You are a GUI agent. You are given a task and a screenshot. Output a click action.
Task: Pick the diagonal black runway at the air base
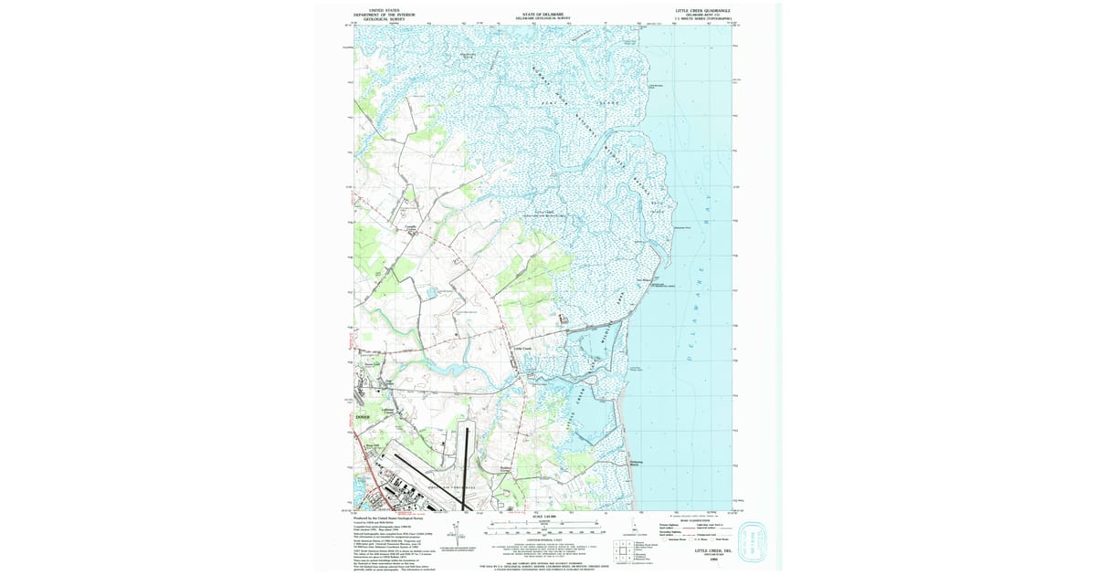tap(429, 465)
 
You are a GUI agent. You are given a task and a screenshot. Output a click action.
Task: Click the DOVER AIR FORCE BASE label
tap(452, 488)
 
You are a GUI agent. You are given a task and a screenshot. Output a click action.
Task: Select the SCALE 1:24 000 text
tap(545, 517)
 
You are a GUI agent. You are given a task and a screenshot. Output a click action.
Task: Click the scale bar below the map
tap(545, 527)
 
